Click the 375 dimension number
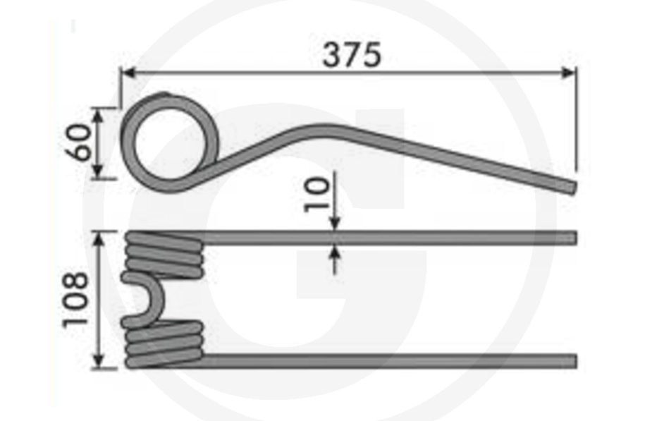click(x=352, y=55)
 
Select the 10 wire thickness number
click(x=316, y=195)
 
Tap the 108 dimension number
click(x=76, y=300)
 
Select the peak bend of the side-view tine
click(x=321, y=129)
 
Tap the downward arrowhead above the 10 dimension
click(x=334, y=224)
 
